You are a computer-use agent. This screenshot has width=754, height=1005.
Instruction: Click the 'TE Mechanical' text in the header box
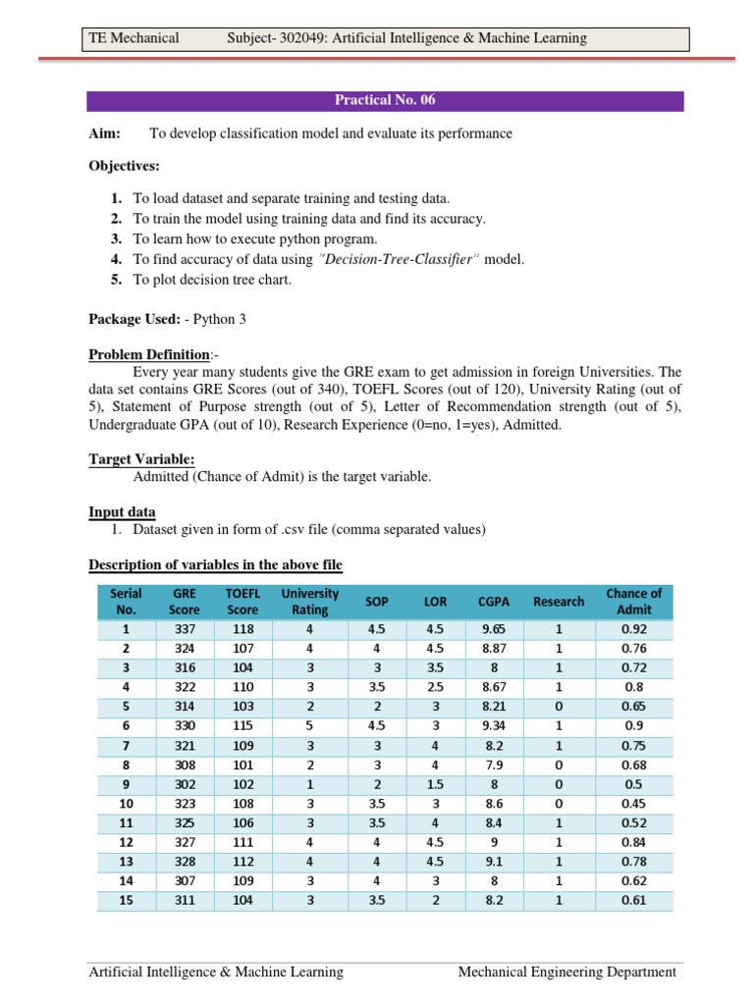point(134,38)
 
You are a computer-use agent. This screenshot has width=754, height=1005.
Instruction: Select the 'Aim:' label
point(104,133)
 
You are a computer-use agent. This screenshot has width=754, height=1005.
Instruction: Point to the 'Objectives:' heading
point(124,166)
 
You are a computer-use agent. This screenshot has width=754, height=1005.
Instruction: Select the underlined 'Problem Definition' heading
point(148,353)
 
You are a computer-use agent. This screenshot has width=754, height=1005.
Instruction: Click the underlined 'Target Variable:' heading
point(141,458)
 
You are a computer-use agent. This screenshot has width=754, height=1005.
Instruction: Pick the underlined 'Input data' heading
point(122,511)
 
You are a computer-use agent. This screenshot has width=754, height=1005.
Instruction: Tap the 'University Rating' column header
point(309,601)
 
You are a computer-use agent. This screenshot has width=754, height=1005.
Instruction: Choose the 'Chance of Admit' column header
point(633,601)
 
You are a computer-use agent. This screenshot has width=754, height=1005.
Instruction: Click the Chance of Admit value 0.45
point(633,803)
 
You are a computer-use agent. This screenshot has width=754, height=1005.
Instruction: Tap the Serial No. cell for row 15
point(126,900)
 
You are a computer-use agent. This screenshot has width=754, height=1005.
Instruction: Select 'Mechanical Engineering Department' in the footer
point(567,972)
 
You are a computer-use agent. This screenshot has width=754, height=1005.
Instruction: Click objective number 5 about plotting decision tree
point(212,279)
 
